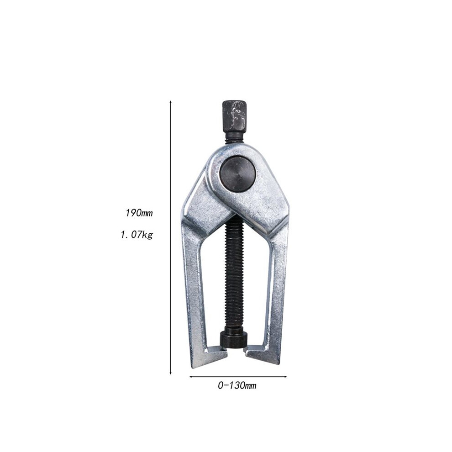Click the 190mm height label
[139, 213]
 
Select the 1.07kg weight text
[137, 235]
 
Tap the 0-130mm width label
[237, 385]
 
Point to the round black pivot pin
[237, 173]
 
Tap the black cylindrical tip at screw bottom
[234, 341]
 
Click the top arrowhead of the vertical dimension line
[171, 102]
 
